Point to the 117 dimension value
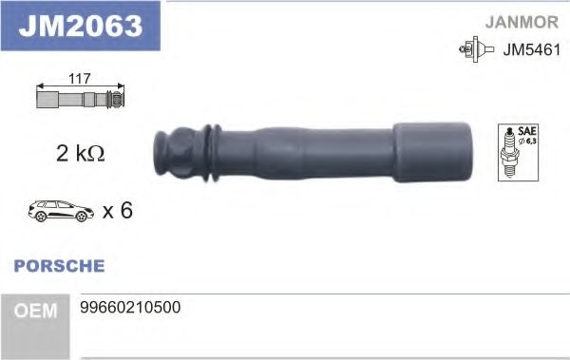[x=79, y=80]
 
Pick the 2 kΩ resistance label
[x=80, y=153]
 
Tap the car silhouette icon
[x=61, y=210]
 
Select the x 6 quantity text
[x=117, y=210]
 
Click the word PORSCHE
[x=60, y=266]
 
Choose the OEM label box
[x=36, y=311]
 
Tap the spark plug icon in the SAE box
[x=508, y=153]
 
